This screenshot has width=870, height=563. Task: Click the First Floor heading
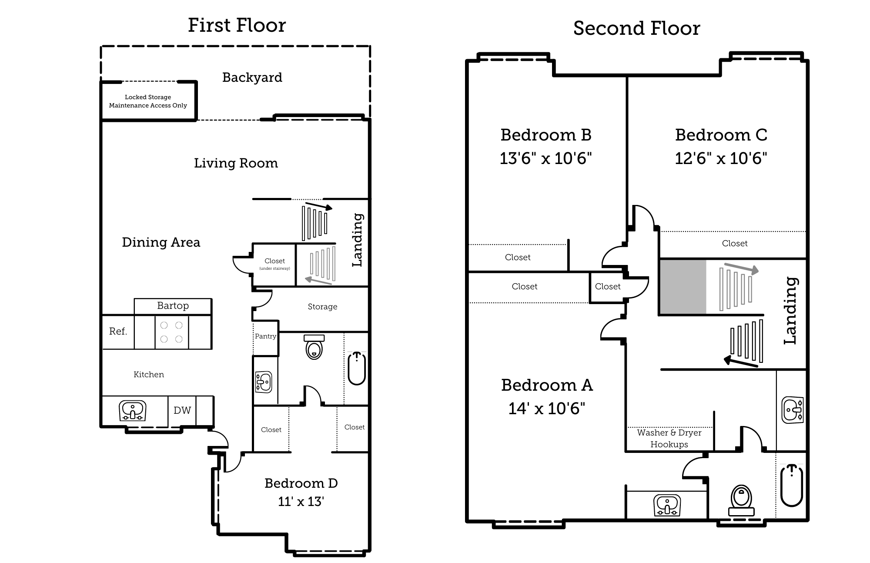(237, 25)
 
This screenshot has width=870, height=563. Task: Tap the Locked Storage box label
(148, 101)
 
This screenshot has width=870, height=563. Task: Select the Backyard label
(252, 77)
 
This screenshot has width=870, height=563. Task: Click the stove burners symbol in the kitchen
(171, 332)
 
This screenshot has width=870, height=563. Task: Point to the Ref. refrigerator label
(118, 332)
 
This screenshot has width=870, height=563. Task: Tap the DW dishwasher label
(182, 410)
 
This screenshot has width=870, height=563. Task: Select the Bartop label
(173, 306)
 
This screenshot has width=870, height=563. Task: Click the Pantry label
(265, 336)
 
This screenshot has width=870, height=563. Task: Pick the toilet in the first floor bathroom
(314, 347)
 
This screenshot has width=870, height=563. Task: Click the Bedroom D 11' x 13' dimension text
(301, 502)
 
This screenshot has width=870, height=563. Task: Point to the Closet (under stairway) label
(274, 264)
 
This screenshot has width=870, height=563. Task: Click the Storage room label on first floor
(322, 307)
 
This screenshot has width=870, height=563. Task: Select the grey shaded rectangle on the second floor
(683, 287)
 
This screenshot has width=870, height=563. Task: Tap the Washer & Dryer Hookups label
(669, 439)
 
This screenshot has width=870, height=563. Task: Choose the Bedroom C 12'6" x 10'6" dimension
(721, 158)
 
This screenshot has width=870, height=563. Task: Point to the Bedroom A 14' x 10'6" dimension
(547, 409)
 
